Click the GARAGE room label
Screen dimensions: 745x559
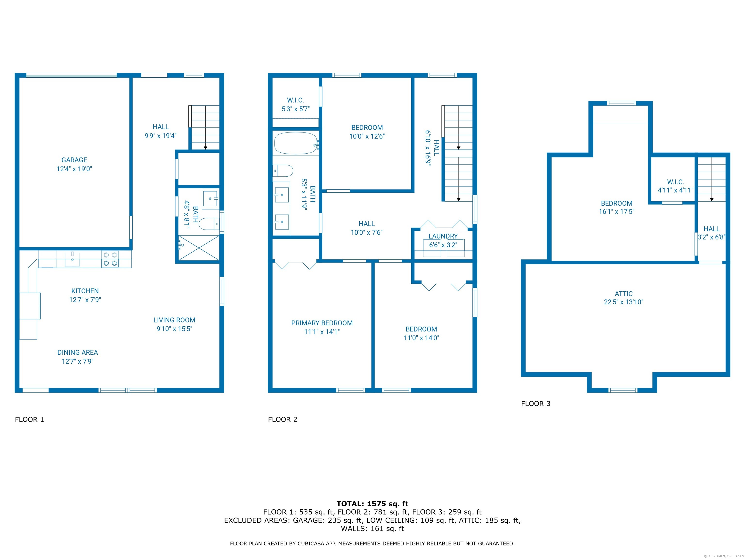click(74, 160)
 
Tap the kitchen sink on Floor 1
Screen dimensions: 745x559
click(73, 259)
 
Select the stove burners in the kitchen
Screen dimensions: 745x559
click(110, 259)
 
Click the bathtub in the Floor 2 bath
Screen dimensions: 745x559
click(296, 143)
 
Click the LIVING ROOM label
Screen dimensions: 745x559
click(174, 320)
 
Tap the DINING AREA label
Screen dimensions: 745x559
click(77, 353)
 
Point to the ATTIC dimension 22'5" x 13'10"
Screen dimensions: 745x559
click(624, 302)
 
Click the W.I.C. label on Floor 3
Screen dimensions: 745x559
click(675, 182)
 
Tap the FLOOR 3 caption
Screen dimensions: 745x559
click(535, 404)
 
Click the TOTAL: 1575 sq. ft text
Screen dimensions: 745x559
click(372, 504)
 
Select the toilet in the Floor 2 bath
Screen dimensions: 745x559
click(283, 171)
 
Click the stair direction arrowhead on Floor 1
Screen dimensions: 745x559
click(205, 148)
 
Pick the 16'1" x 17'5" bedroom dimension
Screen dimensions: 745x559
click(616, 212)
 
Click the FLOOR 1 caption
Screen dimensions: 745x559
click(29, 419)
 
